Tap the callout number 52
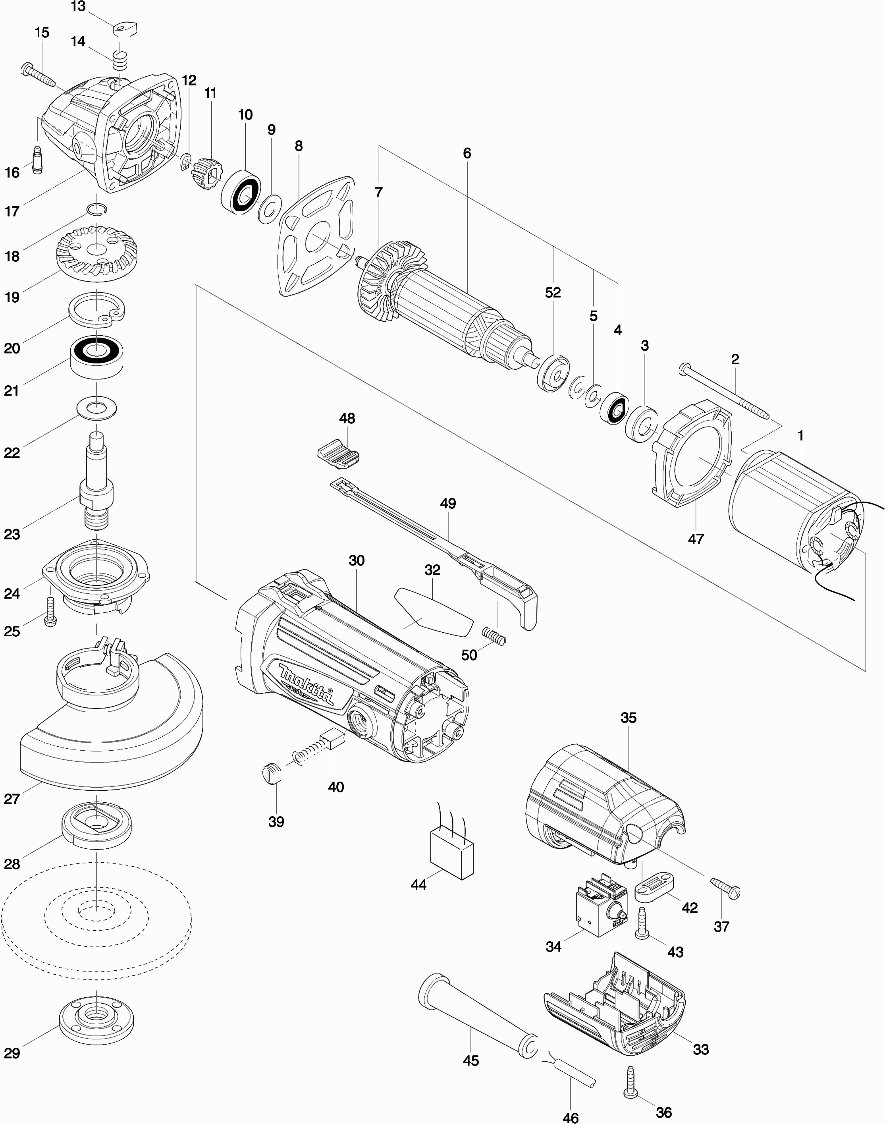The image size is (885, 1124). pyautogui.click(x=553, y=293)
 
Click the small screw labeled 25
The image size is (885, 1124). pyautogui.click(x=51, y=612)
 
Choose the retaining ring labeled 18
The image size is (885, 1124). pyautogui.click(x=97, y=209)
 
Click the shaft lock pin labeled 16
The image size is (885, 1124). pyautogui.click(x=37, y=161)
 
